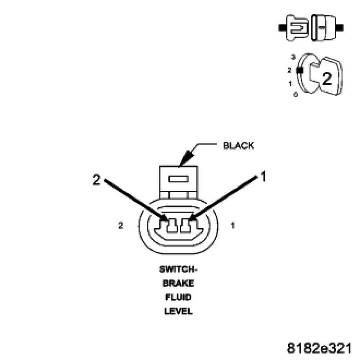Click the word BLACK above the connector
coord(238,146)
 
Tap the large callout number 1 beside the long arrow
coord(263,177)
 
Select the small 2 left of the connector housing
coord(121,226)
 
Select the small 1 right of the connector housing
coord(233,226)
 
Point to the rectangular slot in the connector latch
coord(178,179)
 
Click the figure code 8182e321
coord(319,348)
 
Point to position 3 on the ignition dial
coord(293,57)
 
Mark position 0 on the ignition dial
coord(295,95)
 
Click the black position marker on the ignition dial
coord(300,71)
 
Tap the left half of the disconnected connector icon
coord(295,28)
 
